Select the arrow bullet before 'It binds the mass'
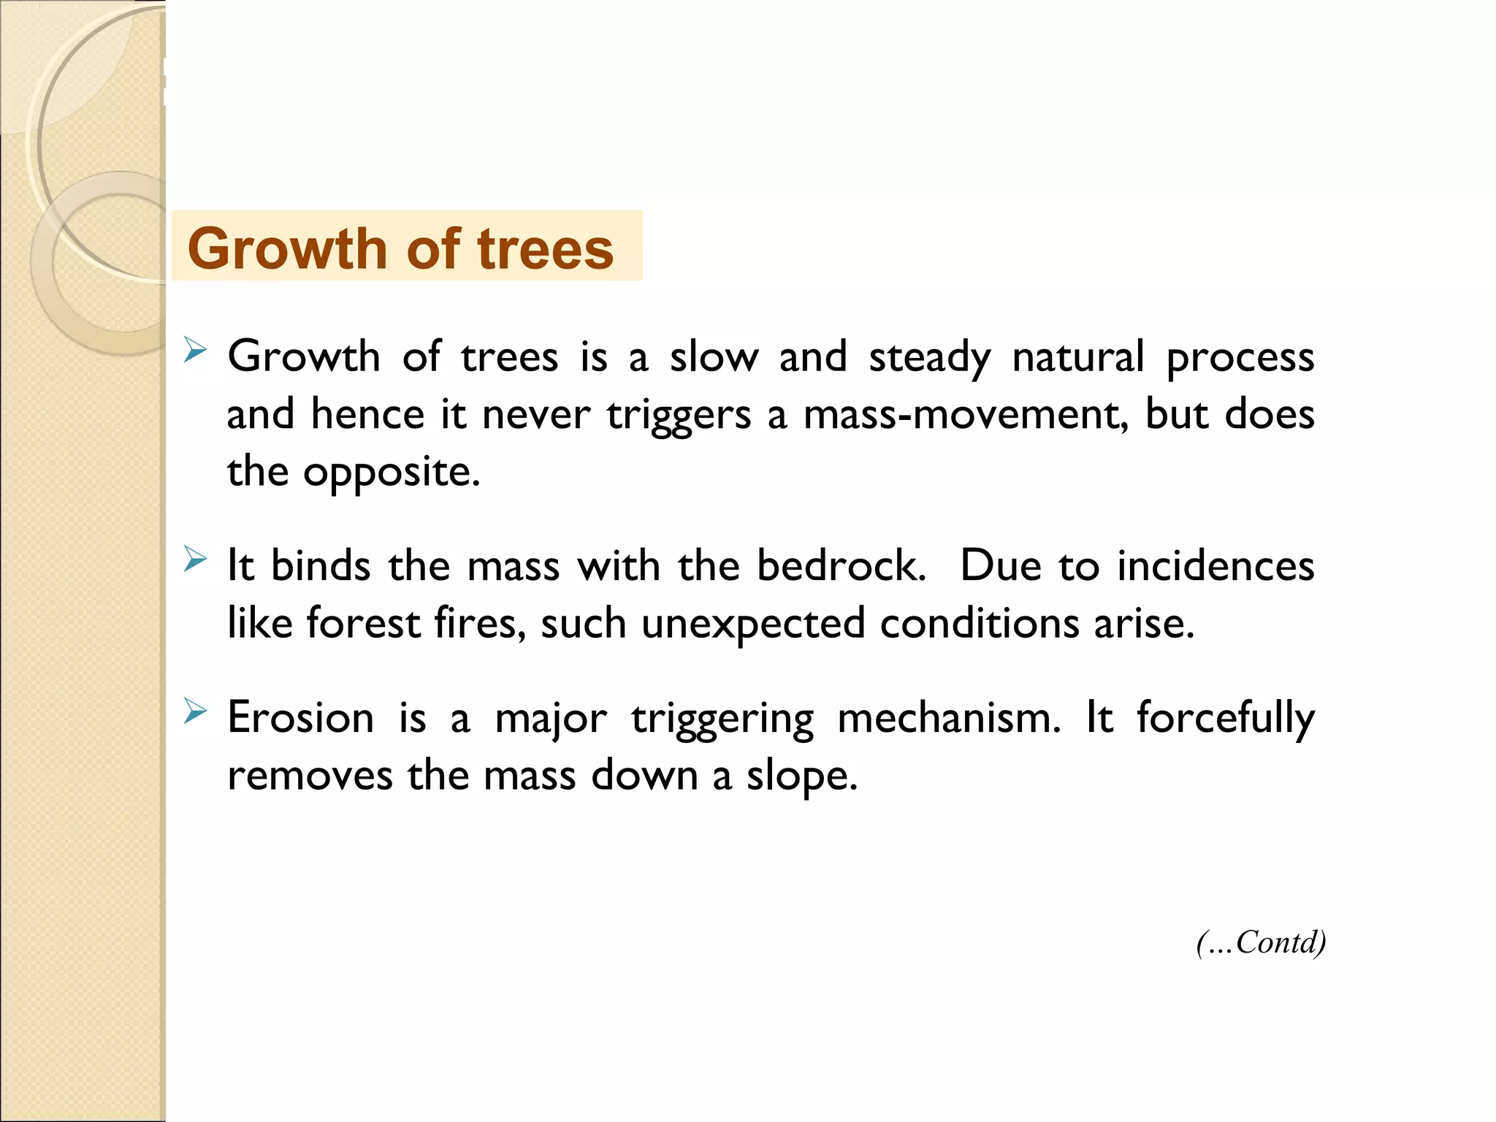(x=195, y=560)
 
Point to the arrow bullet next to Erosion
(x=195, y=711)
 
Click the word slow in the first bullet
(x=714, y=357)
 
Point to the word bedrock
(x=841, y=565)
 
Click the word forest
(x=363, y=623)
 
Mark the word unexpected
(x=752, y=625)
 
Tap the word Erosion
(x=300, y=717)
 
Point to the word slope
(x=801, y=776)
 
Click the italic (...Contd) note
(x=1261, y=942)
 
